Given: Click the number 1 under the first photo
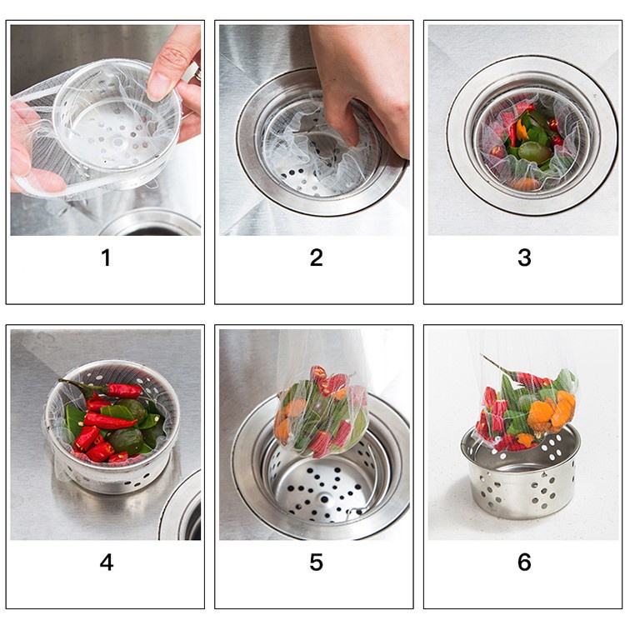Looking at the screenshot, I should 106,258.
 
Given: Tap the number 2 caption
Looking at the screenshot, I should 316,258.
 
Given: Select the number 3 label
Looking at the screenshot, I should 524,258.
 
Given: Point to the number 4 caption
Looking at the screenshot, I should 106,562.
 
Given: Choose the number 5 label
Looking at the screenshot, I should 316,562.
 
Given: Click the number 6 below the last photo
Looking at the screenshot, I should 524,562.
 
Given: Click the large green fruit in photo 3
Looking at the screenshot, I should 533,152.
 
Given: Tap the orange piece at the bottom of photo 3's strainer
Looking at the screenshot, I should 525,183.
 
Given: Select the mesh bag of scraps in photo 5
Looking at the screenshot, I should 321,412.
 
